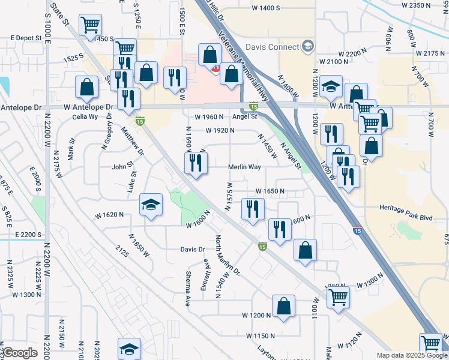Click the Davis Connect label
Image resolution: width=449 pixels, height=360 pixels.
point(272,47)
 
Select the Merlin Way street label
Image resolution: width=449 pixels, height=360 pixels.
point(244,168)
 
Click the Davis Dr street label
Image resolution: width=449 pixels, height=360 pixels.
point(193,249)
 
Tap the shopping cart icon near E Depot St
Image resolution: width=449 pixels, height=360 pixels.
point(91,25)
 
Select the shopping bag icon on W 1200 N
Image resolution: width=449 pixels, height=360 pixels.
point(283,305)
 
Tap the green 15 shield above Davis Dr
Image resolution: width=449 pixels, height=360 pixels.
point(262,246)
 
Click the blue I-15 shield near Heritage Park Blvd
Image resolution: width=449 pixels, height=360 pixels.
point(357,230)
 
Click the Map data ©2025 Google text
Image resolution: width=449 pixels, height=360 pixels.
point(411,355)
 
